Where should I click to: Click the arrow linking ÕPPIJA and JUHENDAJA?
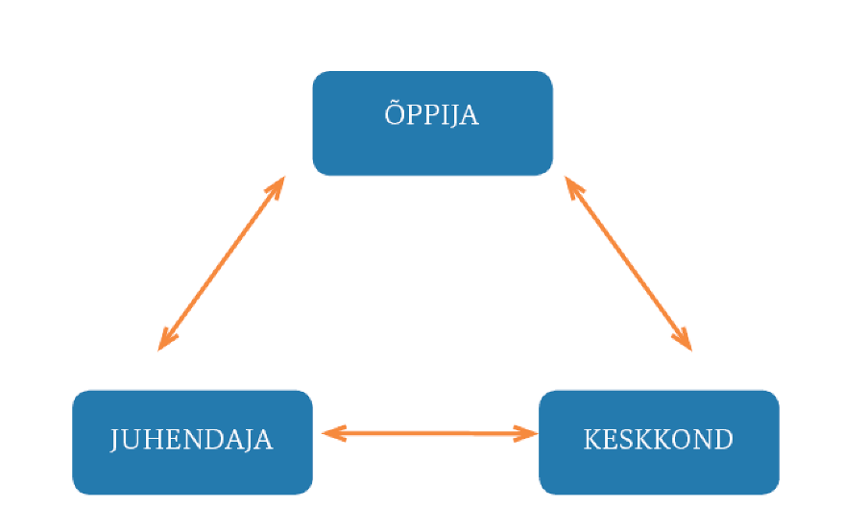click(221, 262)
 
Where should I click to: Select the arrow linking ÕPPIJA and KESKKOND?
click(629, 262)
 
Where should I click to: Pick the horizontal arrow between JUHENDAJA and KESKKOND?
click(429, 433)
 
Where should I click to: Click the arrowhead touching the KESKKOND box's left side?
click(527, 433)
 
